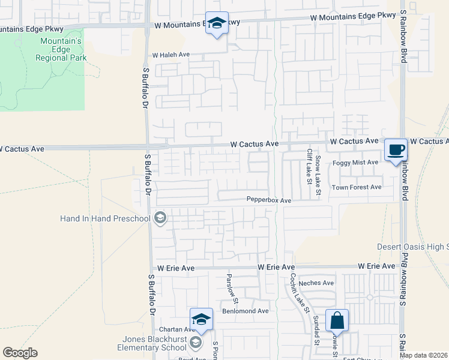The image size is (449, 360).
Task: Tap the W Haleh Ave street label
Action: pos(170,55)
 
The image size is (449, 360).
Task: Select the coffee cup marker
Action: pos(396,150)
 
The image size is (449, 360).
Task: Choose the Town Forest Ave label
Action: pos(357,187)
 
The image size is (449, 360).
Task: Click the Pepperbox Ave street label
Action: pos(268,200)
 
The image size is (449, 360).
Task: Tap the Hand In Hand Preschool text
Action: pos(104,218)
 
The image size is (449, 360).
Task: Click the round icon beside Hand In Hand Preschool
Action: pos(160,218)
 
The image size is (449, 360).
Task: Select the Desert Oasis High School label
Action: pos(412,247)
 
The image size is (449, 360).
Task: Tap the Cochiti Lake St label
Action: pos(299,294)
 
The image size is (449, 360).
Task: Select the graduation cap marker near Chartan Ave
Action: pos(202,320)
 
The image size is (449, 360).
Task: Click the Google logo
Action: pos(20,353)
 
